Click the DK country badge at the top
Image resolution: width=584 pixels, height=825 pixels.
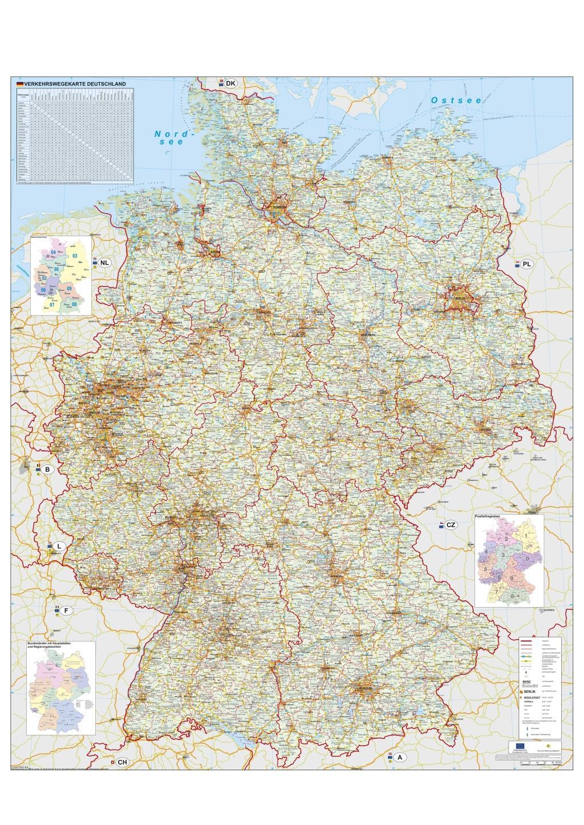pos(230,83)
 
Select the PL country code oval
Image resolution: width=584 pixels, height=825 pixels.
pos(526,264)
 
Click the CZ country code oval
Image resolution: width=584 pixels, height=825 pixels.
pos(451,524)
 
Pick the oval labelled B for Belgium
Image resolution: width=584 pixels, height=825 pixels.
pos(48,470)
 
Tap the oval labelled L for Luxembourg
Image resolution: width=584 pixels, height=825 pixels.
pos(59,546)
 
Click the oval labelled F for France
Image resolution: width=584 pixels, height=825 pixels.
pos(66,610)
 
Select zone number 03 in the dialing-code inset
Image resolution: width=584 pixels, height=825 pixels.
pos(74,256)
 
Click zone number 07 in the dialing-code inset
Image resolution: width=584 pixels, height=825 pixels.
pos(52,305)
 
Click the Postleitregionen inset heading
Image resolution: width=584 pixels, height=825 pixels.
pos(488,516)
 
